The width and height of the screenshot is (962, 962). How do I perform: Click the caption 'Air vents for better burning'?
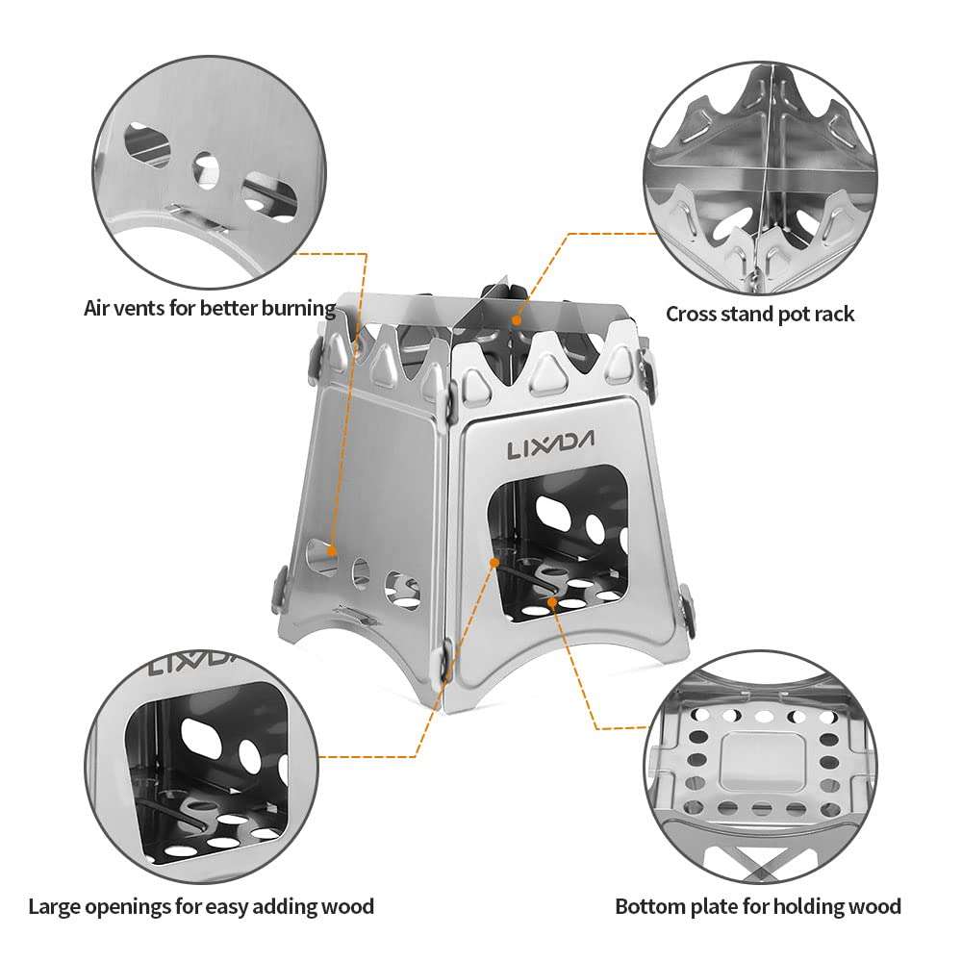click(210, 309)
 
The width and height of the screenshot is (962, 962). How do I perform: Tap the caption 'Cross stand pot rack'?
click(760, 314)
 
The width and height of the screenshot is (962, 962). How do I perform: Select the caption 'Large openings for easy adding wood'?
click(201, 905)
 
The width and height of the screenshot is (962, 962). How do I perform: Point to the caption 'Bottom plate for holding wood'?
click(758, 905)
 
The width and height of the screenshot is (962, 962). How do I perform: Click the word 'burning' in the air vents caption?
click(297, 309)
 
